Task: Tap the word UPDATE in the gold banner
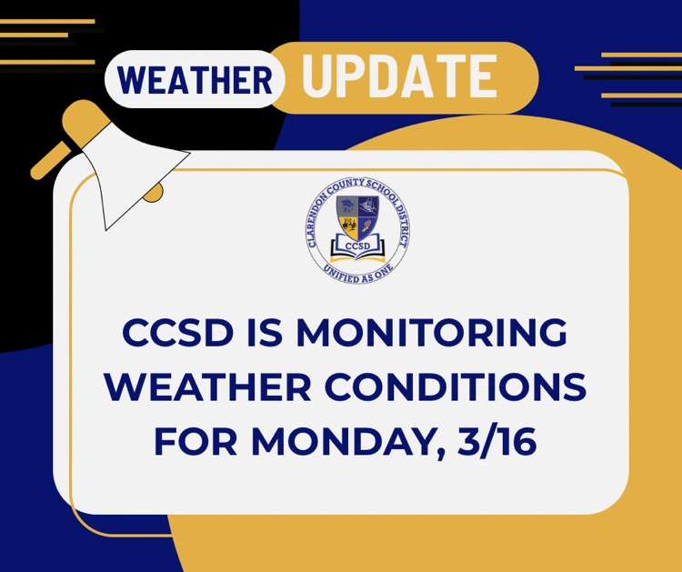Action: [399, 76]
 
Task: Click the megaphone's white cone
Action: [136, 186]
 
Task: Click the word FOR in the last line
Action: [193, 442]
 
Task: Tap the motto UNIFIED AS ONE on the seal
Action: [356, 270]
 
